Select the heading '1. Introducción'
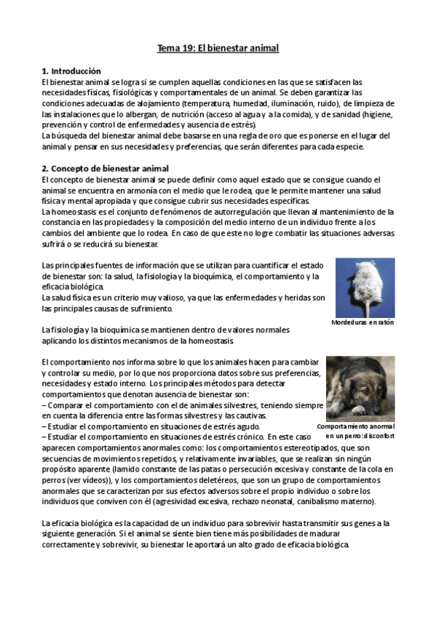71,71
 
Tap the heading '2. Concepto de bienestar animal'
105,169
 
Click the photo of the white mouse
365,287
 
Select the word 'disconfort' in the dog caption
377,436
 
